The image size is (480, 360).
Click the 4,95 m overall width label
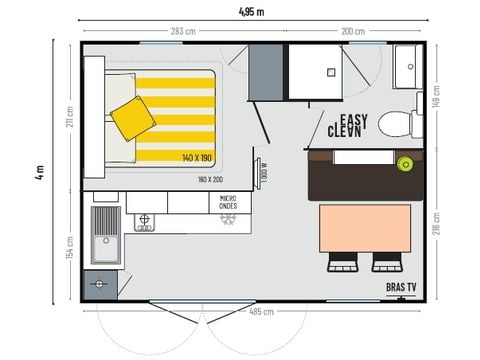[x=252, y=11]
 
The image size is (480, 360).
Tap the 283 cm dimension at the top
[x=182, y=32]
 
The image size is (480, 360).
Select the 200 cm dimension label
[x=353, y=32]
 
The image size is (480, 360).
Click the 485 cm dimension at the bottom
[x=263, y=311]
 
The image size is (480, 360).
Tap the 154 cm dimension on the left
[x=70, y=246]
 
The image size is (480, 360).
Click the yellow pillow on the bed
[x=132, y=118]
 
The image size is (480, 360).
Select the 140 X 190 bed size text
[x=198, y=158]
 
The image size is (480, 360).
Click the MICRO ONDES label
[x=229, y=203]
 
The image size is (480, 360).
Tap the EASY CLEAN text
[x=349, y=124]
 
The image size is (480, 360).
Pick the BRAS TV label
[x=403, y=287]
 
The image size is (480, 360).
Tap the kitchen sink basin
[x=105, y=240]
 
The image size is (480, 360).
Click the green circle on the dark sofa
[x=405, y=161]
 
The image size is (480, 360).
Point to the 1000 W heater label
[x=263, y=173]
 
